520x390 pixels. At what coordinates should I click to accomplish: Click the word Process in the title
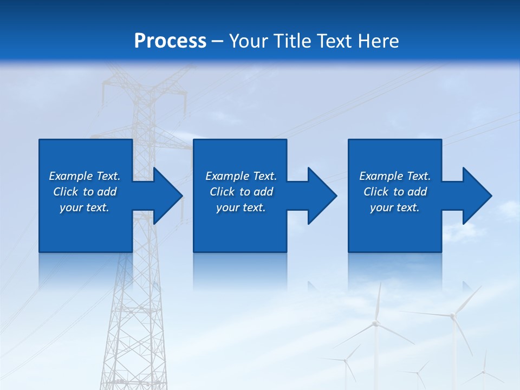(x=170, y=41)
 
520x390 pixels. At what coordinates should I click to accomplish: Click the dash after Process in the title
(x=217, y=42)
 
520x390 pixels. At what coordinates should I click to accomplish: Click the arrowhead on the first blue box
(x=168, y=196)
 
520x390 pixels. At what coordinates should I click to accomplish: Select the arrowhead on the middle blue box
(x=322, y=196)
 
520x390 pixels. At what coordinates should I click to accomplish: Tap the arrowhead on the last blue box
(x=477, y=196)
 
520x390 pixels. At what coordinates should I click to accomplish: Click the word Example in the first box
(x=71, y=176)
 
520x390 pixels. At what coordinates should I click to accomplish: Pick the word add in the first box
(x=107, y=192)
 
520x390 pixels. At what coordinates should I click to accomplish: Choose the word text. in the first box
(x=97, y=207)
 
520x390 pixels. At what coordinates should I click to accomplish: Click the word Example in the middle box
(x=227, y=176)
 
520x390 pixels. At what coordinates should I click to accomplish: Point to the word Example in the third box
(x=381, y=176)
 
